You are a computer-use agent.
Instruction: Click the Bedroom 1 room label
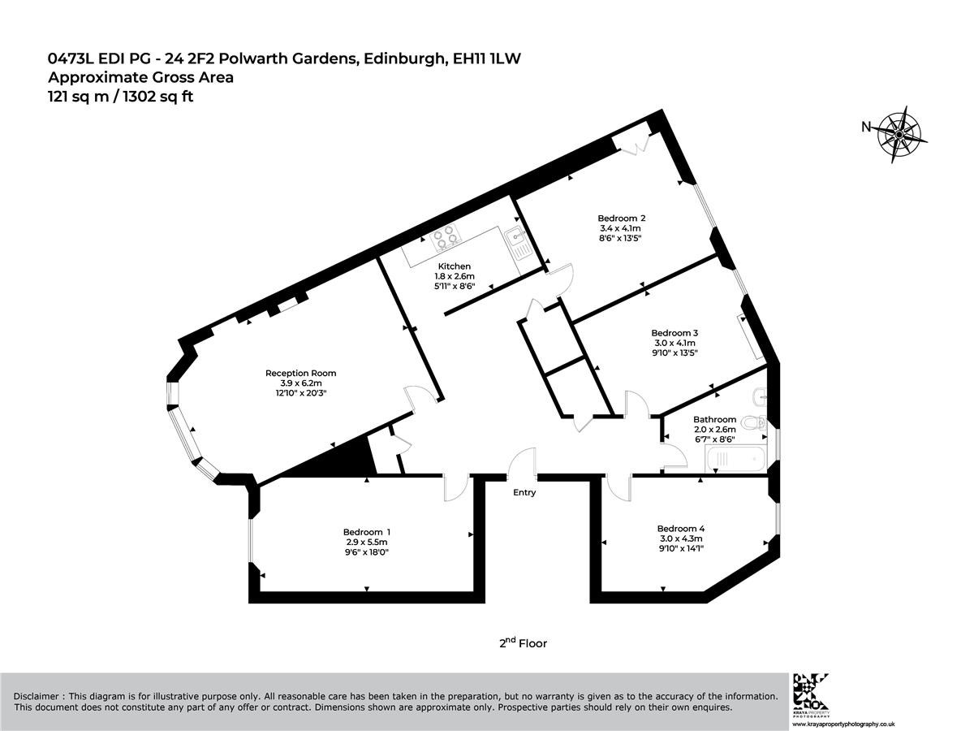click(367, 532)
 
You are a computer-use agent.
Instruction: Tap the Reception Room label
click(301, 374)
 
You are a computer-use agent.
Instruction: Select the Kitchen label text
click(455, 266)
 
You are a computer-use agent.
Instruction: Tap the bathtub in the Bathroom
click(735, 459)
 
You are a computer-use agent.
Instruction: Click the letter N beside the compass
click(866, 128)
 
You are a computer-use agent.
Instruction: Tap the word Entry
click(524, 493)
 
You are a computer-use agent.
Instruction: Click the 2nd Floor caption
click(524, 643)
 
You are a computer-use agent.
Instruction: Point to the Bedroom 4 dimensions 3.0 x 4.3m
click(681, 539)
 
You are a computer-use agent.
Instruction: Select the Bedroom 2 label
click(621, 218)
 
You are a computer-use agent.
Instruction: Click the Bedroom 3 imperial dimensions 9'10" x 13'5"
click(674, 353)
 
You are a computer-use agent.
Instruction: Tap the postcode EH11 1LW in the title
click(486, 58)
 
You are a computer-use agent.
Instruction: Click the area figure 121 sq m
click(78, 97)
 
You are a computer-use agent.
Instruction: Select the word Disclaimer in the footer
click(36, 696)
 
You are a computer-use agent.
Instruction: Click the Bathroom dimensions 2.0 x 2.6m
click(715, 429)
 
